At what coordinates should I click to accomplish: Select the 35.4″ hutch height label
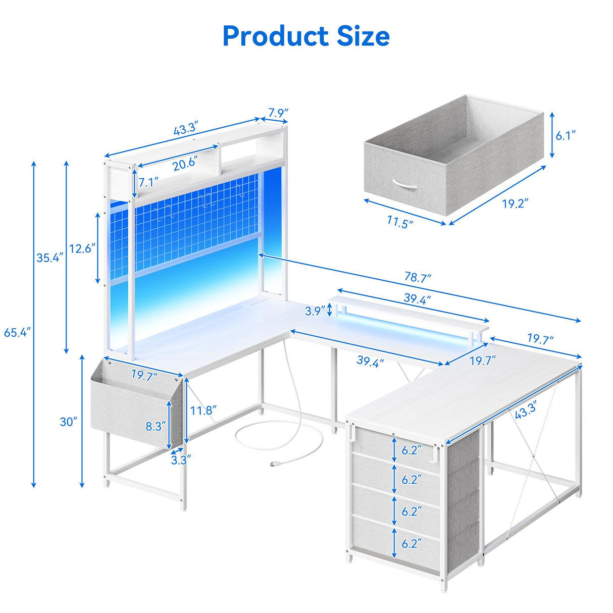49,258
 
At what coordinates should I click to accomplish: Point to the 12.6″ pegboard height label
82,248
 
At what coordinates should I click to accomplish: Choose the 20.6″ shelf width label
185,164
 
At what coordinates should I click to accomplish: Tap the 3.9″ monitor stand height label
315,311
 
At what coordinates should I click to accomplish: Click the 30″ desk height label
69,422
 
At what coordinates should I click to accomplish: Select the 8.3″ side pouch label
155,427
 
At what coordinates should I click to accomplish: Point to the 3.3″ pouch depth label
180,460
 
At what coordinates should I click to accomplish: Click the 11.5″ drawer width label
400,222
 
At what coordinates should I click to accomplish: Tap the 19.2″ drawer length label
515,204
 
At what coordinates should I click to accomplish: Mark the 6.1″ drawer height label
566,135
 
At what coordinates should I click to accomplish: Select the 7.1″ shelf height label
148,182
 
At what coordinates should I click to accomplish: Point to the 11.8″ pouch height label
203,410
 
